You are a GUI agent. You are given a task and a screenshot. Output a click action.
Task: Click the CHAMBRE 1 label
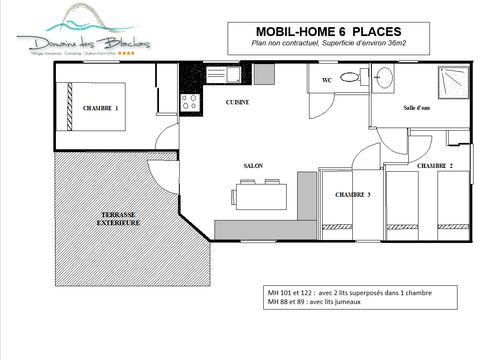tap(101, 107)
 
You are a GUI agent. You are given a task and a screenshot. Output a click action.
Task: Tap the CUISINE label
tap(237, 102)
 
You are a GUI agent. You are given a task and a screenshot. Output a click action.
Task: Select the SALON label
tap(253, 166)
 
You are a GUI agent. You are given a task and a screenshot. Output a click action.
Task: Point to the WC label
tap(326, 77)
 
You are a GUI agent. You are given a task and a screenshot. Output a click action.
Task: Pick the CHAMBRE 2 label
tap(435, 165)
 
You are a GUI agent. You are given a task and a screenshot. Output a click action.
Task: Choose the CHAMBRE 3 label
tap(353, 194)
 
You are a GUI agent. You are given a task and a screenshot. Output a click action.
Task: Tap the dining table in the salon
tap(262, 191)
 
